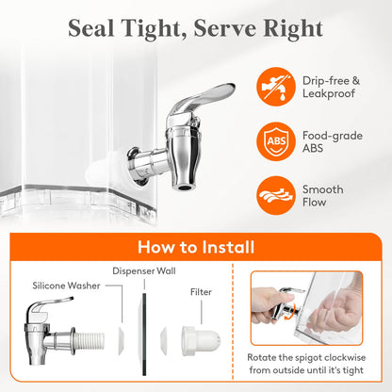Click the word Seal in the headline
pyautogui.click(x=91, y=28)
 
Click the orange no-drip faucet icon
pyautogui.click(x=276, y=87)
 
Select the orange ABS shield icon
pyautogui.click(x=276, y=141)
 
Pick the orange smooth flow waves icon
pyautogui.click(x=276, y=195)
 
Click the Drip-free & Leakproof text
pyautogui.click(x=331, y=87)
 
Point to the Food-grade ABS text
pyautogui.click(x=333, y=141)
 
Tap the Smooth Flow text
pyautogui.click(x=323, y=196)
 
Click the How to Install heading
pyautogui.click(x=196, y=247)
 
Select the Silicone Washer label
pyautogui.click(x=66, y=286)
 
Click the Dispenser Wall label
pyautogui.click(x=144, y=271)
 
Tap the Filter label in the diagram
pyautogui.click(x=201, y=292)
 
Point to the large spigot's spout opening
pyautogui.click(x=184, y=188)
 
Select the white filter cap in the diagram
pyautogui.click(x=201, y=341)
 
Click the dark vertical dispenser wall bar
pyautogui.click(x=144, y=335)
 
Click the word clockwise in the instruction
pyautogui.click(x=345, y=357)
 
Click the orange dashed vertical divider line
pyautogui.click(x=233, y=322)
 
